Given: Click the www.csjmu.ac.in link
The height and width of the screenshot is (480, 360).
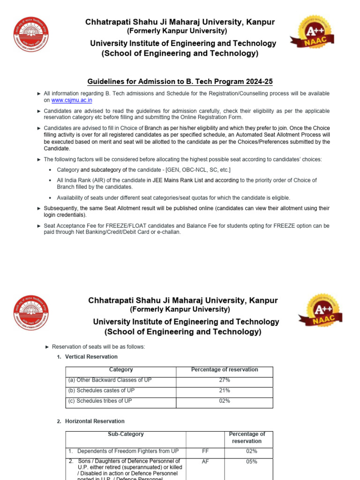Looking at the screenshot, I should [x=71, y=100].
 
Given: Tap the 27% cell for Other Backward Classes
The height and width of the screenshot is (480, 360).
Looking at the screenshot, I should [x=224, y=380].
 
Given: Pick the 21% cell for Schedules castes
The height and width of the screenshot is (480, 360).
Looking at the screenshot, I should [x=224, y=390].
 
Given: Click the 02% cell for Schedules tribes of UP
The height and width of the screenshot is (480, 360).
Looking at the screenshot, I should [x=224, y=401].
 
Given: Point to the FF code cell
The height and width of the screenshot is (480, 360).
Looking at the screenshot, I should [x=205, y=451].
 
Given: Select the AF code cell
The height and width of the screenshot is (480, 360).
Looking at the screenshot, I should [x=205, y=461].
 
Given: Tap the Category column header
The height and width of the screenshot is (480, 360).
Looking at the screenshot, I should [x=120, y=370].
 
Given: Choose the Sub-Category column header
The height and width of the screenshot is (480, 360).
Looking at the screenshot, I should [x=126, y=435].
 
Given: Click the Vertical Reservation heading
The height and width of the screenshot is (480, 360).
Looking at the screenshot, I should [x=91, y=357].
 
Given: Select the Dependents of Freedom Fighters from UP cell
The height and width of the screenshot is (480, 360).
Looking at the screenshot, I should [x=127, y=451].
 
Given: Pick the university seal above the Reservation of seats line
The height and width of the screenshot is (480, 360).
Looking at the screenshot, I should [x=31, y=313].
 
